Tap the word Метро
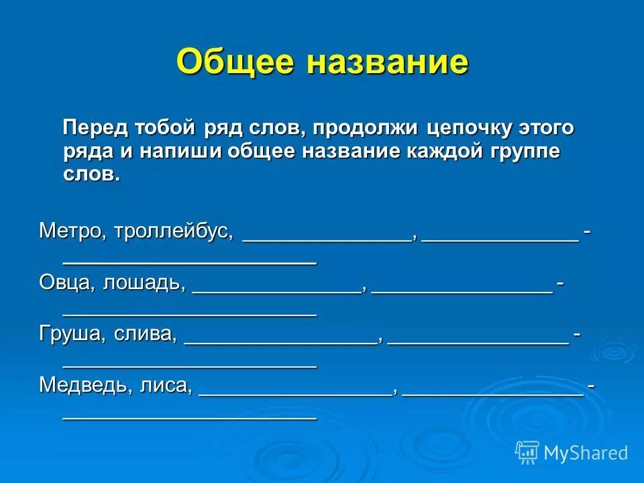pos(70,231)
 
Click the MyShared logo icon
pos(527,452)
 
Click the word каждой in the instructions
pos(439,151)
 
